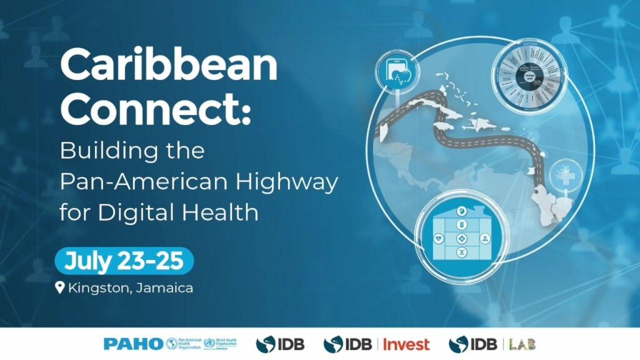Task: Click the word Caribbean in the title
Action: (168, 65)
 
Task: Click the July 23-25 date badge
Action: (124, 261)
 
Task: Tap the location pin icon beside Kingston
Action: (60, 288)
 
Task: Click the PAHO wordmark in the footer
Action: (134, 344)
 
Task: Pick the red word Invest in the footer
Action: (406, 344)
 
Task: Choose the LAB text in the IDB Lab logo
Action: (524, 344)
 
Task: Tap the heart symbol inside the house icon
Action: (440, 238)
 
